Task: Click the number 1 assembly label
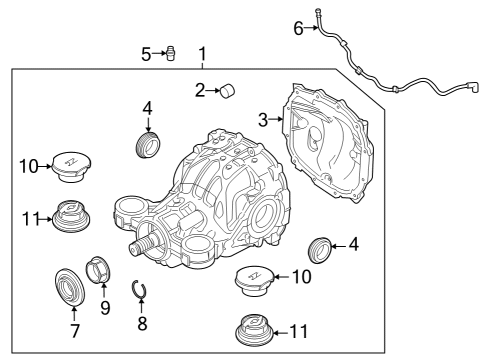click(x=203, y=53)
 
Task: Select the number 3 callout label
click(x=263, y=120)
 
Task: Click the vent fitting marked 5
click(x=170, y=53)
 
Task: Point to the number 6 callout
click(x=297, y=29)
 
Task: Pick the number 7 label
click(x=73, y=331)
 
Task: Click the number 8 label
click(x=142, y=323)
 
